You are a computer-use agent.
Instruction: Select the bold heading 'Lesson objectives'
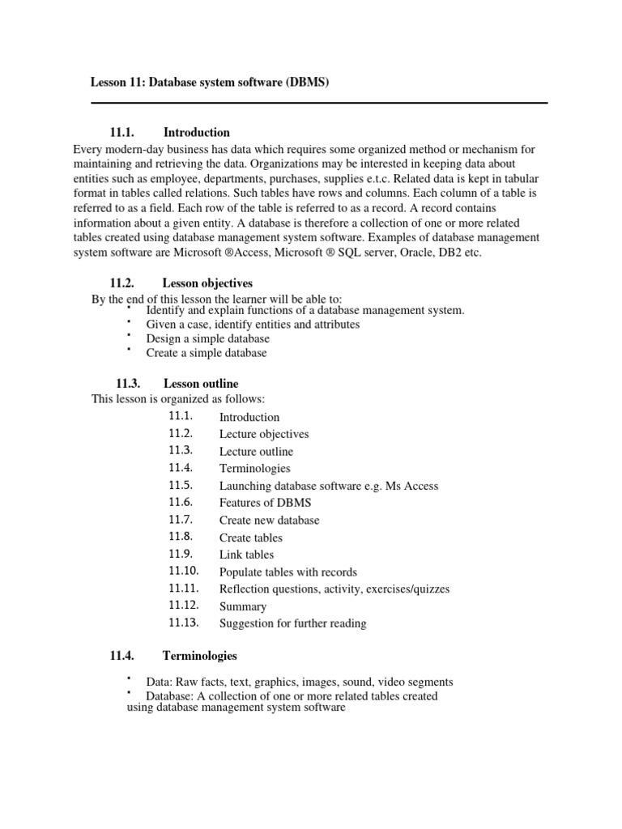click(207, 283)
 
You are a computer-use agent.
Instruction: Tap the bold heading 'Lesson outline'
click(201, 384)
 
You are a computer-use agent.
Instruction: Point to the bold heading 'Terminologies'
click(200, 656)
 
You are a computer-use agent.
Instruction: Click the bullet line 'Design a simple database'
click(207, 338)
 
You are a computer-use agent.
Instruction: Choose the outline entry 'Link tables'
click(246, 555)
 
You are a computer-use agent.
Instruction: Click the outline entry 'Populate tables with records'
click(288, 572)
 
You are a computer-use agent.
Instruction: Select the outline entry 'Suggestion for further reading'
click(292, 623)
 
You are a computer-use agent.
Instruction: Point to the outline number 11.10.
click(184, 572)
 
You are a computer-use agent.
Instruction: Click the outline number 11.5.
click(181, 486)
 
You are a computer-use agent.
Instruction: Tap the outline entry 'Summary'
click(242, 606)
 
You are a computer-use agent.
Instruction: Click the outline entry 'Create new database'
click(269, 520)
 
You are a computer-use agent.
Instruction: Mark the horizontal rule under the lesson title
click(319, 103)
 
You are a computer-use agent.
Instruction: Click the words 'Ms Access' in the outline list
click(412, 486)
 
